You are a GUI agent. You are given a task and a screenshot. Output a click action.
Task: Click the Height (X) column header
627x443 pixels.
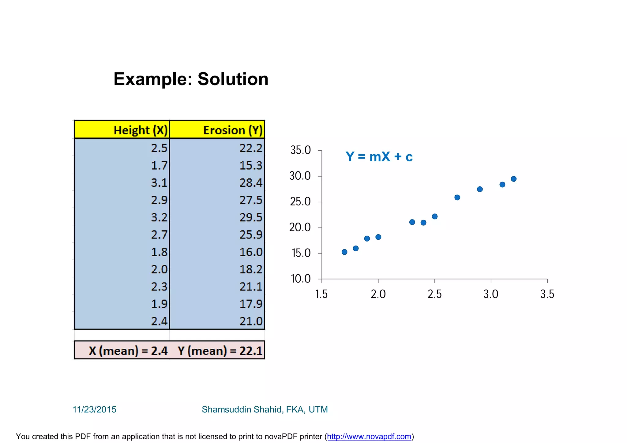pos(141,130)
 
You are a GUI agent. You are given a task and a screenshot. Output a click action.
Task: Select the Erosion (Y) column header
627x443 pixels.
pos(233,130)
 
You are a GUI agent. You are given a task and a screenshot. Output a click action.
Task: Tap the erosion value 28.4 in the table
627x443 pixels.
pos(251,183)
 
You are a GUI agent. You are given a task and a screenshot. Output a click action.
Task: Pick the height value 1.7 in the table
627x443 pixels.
pos(159,166)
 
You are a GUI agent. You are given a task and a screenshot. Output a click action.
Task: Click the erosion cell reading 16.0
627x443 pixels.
pos(251,252)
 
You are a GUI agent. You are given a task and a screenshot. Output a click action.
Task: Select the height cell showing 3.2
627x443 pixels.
pos(159,217)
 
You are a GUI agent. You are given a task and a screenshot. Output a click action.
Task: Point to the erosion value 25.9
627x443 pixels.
pos(251,235)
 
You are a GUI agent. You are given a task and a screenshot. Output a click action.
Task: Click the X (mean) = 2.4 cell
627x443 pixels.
pos(128,351)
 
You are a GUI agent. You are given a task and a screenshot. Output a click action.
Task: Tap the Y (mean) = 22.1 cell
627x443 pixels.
pos(220,351)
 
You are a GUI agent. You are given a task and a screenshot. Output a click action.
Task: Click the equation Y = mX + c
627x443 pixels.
pos(379,157)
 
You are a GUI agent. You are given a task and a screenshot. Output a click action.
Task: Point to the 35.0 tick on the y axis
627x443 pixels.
pos(300,150)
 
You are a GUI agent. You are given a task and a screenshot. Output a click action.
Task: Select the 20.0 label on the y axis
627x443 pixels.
pos(300,227)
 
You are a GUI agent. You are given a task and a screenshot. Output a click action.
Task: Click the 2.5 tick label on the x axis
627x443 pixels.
pos(434,294)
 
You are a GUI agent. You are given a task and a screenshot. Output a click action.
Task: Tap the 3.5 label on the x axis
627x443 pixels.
pos(547,294)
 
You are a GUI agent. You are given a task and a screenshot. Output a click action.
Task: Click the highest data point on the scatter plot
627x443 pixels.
pos(514,179)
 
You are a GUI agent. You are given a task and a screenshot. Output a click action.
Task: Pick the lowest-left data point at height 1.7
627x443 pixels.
pos(344,252)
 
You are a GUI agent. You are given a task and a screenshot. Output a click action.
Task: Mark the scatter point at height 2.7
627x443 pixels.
pos(457,197)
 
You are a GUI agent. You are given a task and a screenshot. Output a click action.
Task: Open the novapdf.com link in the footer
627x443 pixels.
pos(369,437)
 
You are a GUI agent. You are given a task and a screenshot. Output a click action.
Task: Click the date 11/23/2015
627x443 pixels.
pos(94,410)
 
